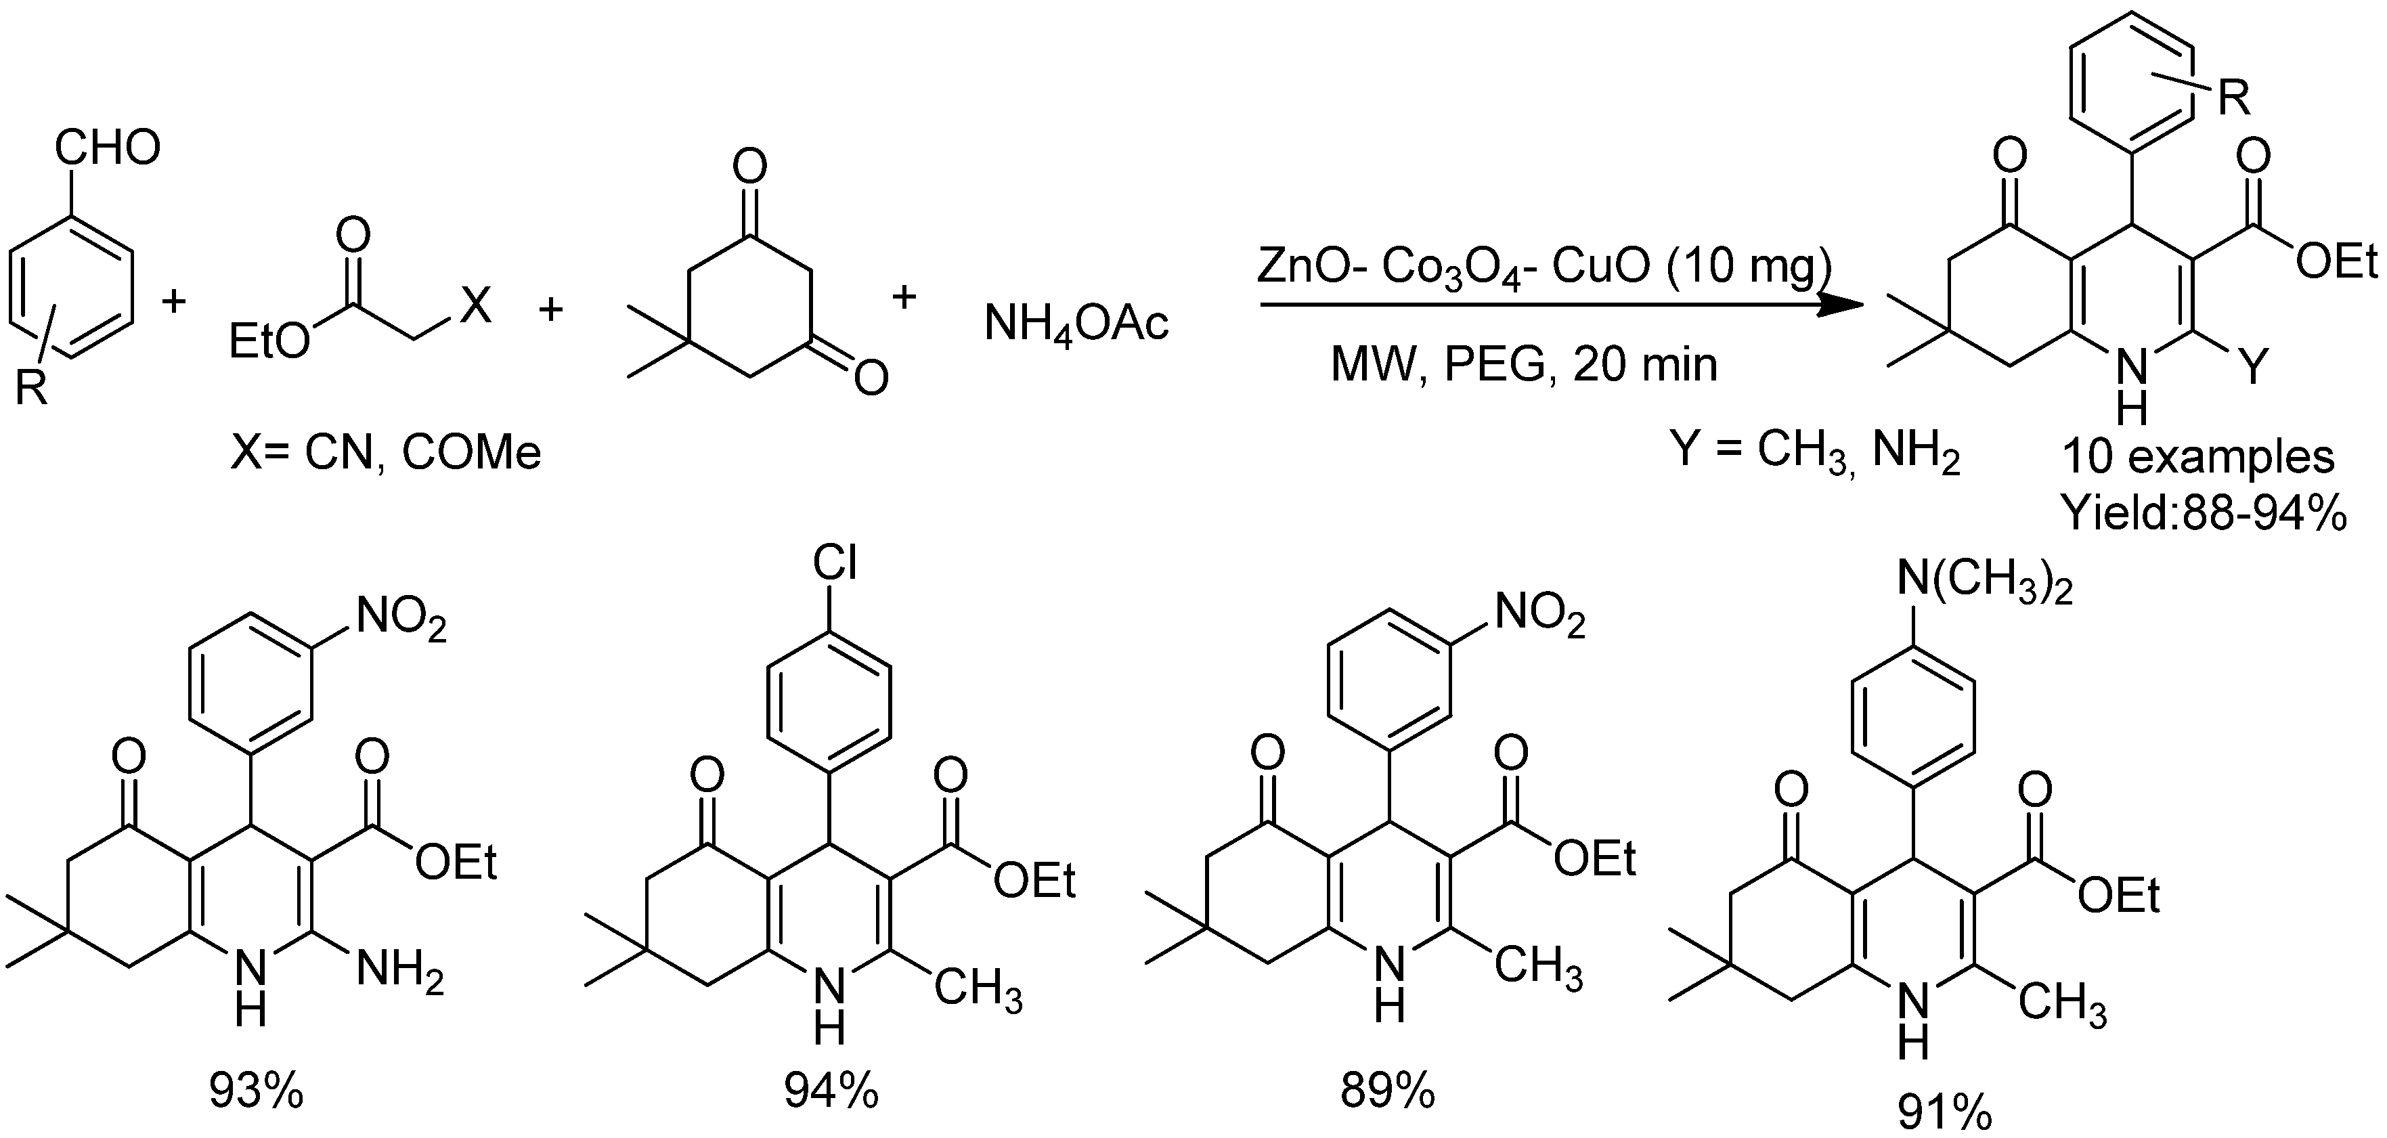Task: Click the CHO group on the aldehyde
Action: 108,148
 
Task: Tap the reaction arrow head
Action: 1844,305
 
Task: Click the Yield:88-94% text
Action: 2203,512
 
